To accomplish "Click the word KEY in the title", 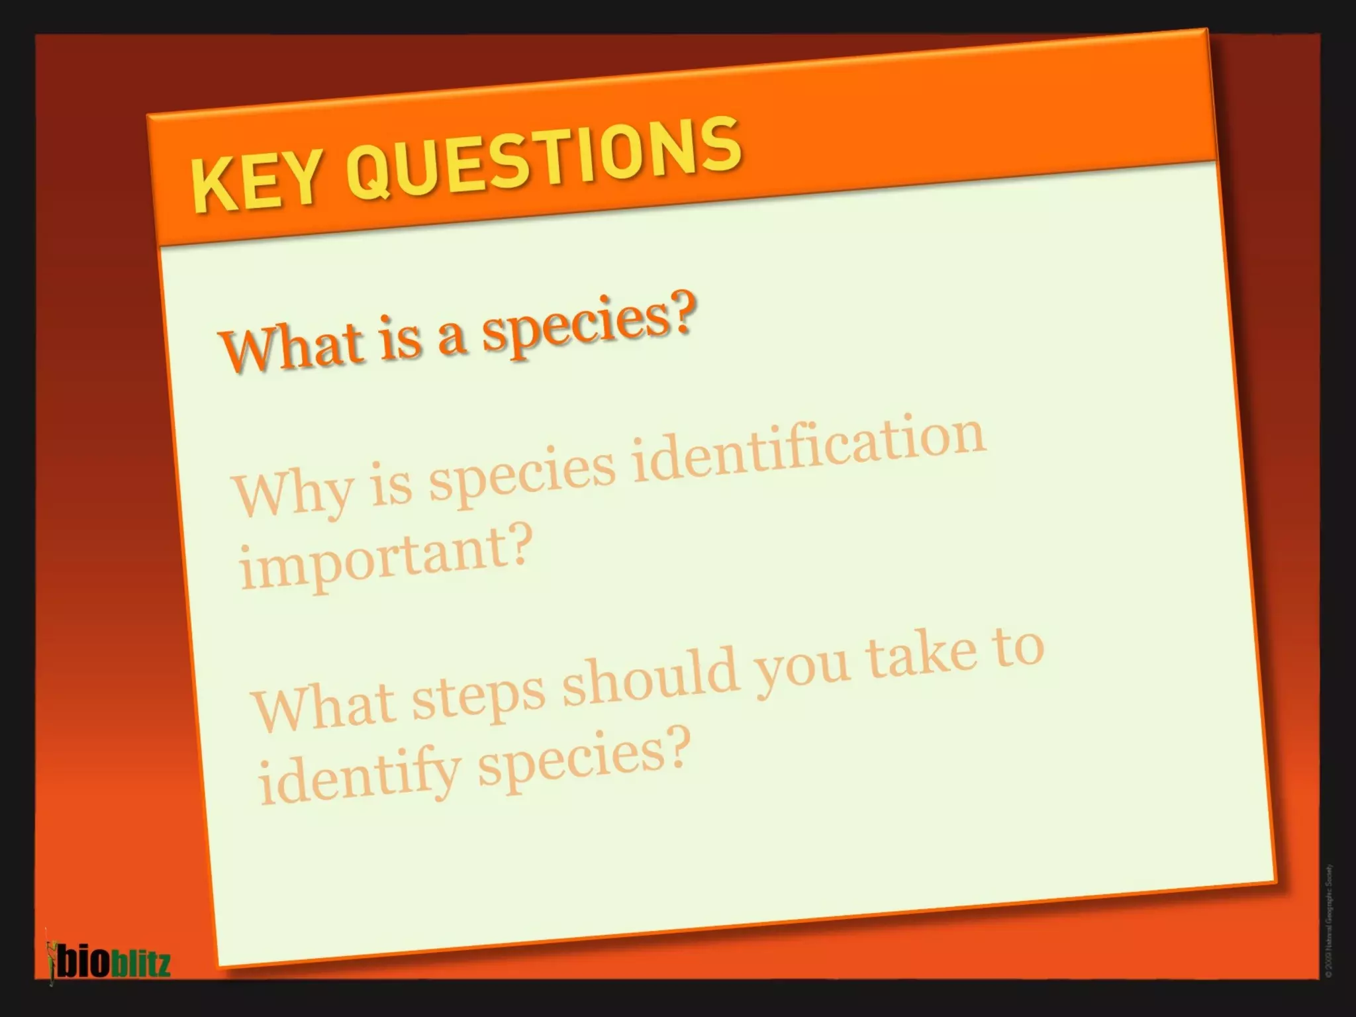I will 255,182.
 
